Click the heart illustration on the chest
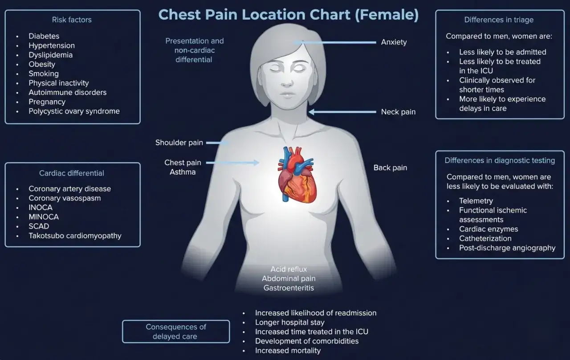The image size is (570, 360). coord(297,175)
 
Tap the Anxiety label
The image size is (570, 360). coord(394,42)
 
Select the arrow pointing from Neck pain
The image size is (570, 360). coord(342,112)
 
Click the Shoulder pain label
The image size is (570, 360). coord(179,143)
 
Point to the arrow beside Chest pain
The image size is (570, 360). coord(232,163)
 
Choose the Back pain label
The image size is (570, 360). coord(390,168)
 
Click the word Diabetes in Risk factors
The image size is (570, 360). coord(44,36)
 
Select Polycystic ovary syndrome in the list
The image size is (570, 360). coord(74,111)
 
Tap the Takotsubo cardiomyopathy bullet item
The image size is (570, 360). coord(75,236)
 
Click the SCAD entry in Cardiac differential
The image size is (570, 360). coord(39,226)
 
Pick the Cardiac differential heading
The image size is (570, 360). coord(72,173)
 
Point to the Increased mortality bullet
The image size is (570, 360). coord(288,351)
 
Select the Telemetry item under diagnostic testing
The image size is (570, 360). coord(476,201)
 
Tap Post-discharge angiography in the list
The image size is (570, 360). coord(507,248)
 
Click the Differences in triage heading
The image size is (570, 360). coord(499,20)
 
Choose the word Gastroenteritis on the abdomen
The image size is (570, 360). coord(289,288)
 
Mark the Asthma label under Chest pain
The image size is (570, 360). coord(183,172)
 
